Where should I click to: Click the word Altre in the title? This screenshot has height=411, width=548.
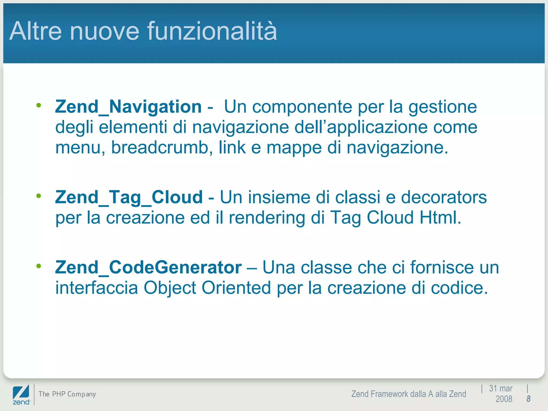click(x=36, y=31)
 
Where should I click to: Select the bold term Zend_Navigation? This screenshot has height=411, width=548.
click(x=128, y=107)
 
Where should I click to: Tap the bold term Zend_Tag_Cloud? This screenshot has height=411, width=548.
click(x=129, y=197)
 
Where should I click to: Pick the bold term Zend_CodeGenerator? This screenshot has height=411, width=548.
click(x=148, y=267)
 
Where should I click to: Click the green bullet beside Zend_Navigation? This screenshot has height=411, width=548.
click(x=39, y=105)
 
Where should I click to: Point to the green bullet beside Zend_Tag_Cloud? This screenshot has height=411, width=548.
click(x=39, y=196)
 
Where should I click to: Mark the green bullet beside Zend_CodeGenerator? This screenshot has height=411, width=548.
click(x=39, y=266)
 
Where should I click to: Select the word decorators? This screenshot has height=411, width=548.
click(x=444, y=197)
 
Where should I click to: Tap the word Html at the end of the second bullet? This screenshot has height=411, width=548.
click(x=440, y=218)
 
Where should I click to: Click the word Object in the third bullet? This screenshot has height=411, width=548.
click(x=170, y=288)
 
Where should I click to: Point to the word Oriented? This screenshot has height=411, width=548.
click(x=236, y=288)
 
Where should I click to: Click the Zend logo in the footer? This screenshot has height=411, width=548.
click(x=21, y=394)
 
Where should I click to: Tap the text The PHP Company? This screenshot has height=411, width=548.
click(x=67, y=394)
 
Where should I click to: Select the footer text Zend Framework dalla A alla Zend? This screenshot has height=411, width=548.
click(x=409, y=394)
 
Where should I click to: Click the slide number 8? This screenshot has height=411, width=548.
click(x=528, y=399)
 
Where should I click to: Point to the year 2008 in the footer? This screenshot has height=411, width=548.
click(x=504, y=399)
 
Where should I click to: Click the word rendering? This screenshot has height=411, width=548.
click(x=267, y=218)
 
